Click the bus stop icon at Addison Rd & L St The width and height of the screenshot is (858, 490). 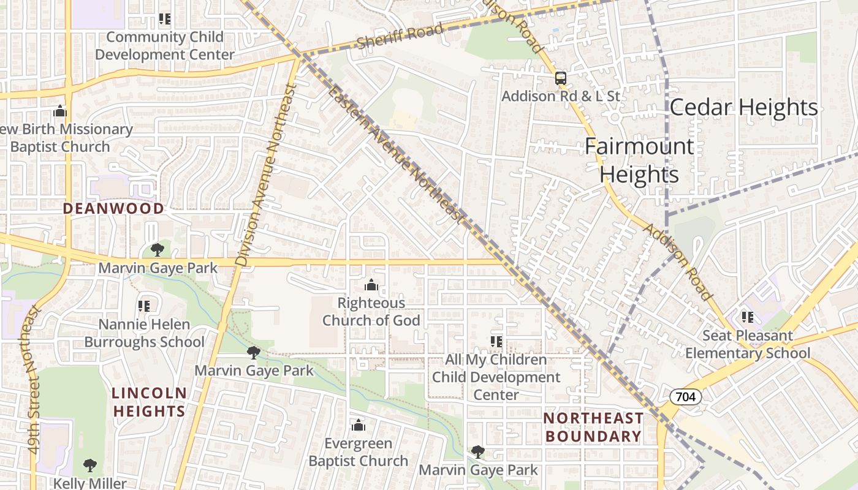click(560, 78)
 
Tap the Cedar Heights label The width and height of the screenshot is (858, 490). click(743, 107)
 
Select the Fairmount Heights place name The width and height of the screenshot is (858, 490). click(639, 160)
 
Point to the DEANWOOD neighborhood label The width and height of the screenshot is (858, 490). click(113, 208)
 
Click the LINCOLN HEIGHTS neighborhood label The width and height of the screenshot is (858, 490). click(149, 402)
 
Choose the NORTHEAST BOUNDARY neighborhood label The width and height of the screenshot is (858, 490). click(593, 427)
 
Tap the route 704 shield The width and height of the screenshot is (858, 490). click(685, 397)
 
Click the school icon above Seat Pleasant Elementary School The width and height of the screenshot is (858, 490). click(747, 317)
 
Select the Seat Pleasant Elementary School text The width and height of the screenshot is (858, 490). click(747, 344)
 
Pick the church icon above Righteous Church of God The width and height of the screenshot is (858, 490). click(371, 285)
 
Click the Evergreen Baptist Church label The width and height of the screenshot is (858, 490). click(358, 452)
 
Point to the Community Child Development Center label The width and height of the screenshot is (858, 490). click(164, 46)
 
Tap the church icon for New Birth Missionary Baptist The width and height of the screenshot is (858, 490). click(59, 111)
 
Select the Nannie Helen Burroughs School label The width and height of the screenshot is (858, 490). click(144, 333)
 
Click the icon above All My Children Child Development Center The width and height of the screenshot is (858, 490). click(496, 341)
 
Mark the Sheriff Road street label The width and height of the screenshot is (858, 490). click(400, 37)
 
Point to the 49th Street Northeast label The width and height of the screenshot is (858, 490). click(34, 380)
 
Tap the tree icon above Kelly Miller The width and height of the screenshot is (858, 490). click(89, 465)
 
